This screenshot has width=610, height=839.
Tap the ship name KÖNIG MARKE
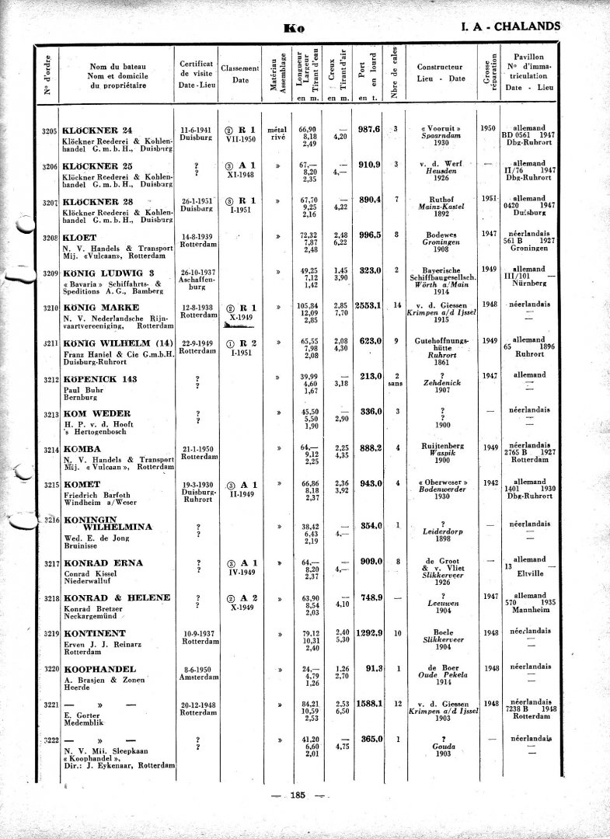pos(97,308)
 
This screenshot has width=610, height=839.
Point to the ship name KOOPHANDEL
pos(99,669)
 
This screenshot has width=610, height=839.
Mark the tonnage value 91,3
pos(374,668)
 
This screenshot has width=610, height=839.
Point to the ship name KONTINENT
pos(96,633)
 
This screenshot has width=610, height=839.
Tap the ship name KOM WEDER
pos(96,413)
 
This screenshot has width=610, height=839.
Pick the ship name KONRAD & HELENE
pos(117,597)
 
